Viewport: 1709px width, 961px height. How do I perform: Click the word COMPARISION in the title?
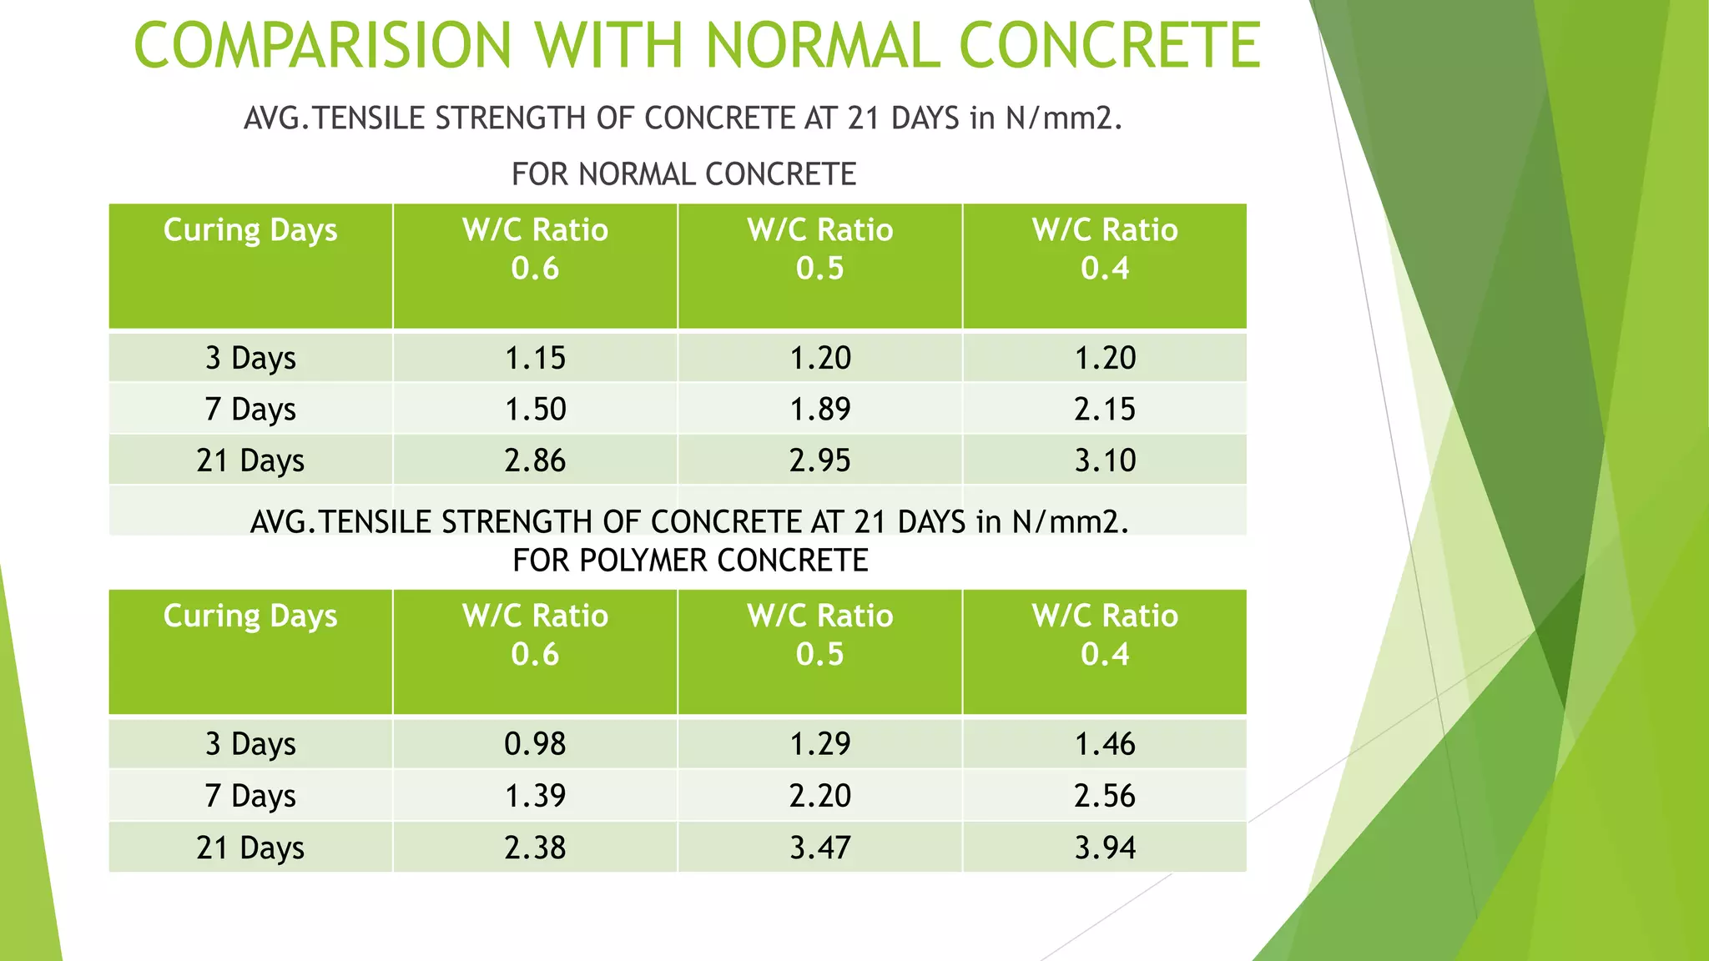coord(322,45)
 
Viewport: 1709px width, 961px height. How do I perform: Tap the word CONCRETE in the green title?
coord(1110,45)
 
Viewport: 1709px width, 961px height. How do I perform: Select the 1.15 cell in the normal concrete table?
coord(535,358)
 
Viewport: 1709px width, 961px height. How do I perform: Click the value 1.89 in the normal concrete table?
coord(819,409)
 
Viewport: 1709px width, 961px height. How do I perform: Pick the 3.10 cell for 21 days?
coord(1105,460)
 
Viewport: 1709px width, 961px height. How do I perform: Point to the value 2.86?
coord(535,460)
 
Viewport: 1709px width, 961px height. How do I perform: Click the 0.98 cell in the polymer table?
coord(535,743)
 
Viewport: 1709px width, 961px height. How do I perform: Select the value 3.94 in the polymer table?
coord(1105,848)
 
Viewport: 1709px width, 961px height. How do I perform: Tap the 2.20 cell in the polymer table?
coord(819,796)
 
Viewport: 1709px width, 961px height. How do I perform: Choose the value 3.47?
coord(819,848)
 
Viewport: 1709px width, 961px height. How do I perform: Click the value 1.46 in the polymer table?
coord(1105,743)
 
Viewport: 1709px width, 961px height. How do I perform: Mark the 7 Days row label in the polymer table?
coord(250,796)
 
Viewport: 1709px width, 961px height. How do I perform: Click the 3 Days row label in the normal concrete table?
coord(250,358)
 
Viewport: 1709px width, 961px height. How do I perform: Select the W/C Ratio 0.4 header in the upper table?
coord(1105,249)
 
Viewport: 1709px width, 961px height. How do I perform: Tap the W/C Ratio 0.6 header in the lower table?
coord(535,635)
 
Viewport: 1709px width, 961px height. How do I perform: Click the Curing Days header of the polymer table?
coord(250,616)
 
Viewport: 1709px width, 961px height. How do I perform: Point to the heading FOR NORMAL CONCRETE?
coord(683,174)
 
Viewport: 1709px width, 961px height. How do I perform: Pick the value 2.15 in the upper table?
coord(1105,409)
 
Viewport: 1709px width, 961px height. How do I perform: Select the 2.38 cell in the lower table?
coord(535,848)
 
